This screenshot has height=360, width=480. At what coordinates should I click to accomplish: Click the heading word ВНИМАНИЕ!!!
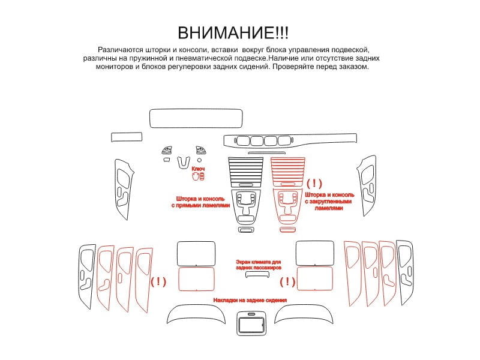233,33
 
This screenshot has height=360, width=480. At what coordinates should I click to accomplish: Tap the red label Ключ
198,169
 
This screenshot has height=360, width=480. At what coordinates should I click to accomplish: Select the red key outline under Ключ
198,176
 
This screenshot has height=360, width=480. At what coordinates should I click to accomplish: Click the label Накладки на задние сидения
250,301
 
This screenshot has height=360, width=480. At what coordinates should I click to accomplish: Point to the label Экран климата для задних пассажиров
258,265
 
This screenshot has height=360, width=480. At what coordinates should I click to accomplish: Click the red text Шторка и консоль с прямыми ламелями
200,202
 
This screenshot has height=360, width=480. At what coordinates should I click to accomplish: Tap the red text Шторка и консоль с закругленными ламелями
329,202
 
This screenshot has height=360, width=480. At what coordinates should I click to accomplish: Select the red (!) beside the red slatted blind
314,184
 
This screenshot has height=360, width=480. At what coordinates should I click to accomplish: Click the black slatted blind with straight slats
246,172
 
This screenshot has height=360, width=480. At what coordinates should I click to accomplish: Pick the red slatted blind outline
288,172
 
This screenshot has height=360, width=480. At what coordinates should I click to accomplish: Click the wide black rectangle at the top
196,118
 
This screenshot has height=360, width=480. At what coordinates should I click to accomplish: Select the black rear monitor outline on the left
196,253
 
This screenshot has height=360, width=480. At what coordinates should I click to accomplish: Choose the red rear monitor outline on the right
314,278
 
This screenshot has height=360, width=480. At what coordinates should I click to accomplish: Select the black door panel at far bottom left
87,277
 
